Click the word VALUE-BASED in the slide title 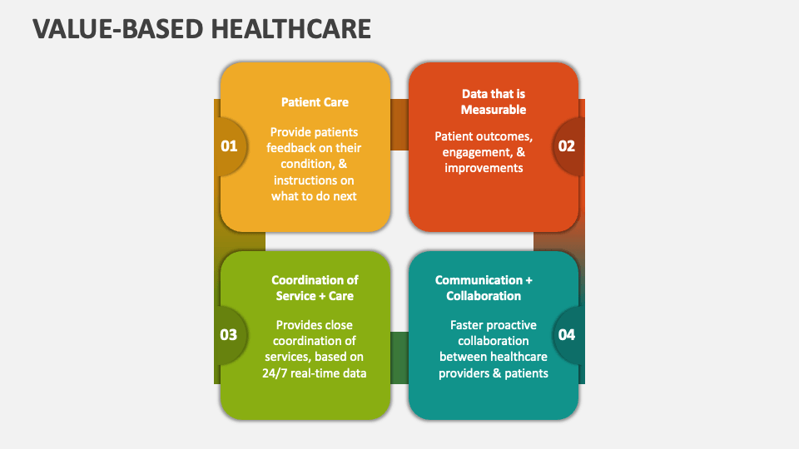118,29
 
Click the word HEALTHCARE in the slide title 291,29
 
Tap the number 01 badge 230,146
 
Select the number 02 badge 567,146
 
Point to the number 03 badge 229,335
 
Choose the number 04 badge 567,335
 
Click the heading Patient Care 315,102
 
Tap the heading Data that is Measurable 494,101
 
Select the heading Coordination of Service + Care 315,289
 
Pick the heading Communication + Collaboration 484,289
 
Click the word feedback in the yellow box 290,148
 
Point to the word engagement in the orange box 477,153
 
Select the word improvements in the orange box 484,169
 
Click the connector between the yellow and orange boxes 399,125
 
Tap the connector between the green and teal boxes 399,358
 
